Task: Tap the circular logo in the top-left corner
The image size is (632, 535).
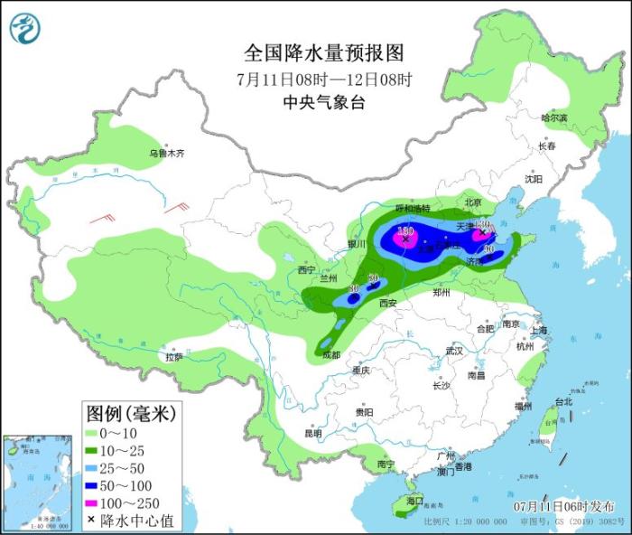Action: coord(25,28)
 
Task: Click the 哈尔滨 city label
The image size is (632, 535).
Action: coord(553,118)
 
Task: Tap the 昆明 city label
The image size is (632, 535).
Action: coord(312,433)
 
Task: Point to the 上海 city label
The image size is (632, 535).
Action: coord(542,331)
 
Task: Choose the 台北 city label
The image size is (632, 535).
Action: coord(562,401)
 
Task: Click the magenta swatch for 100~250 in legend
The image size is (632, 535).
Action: coord(92,502)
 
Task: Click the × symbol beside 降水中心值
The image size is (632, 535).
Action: coord(92,520)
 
